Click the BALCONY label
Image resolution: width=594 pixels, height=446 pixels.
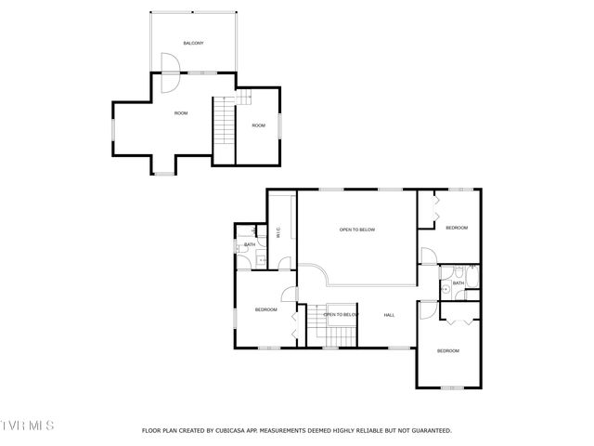193,44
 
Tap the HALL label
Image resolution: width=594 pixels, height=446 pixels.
390,315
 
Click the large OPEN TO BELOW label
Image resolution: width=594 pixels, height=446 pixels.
356,230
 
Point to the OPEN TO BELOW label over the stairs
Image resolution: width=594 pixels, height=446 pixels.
341,315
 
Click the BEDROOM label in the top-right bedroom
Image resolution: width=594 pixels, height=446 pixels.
457,228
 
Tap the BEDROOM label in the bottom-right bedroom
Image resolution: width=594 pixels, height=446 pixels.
448,350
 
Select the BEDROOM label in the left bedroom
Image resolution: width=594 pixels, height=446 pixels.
266,309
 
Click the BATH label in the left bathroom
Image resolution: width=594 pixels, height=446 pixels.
250,245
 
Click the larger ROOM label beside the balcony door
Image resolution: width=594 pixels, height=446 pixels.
181,113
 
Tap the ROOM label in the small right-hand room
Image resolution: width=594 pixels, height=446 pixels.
258,125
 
